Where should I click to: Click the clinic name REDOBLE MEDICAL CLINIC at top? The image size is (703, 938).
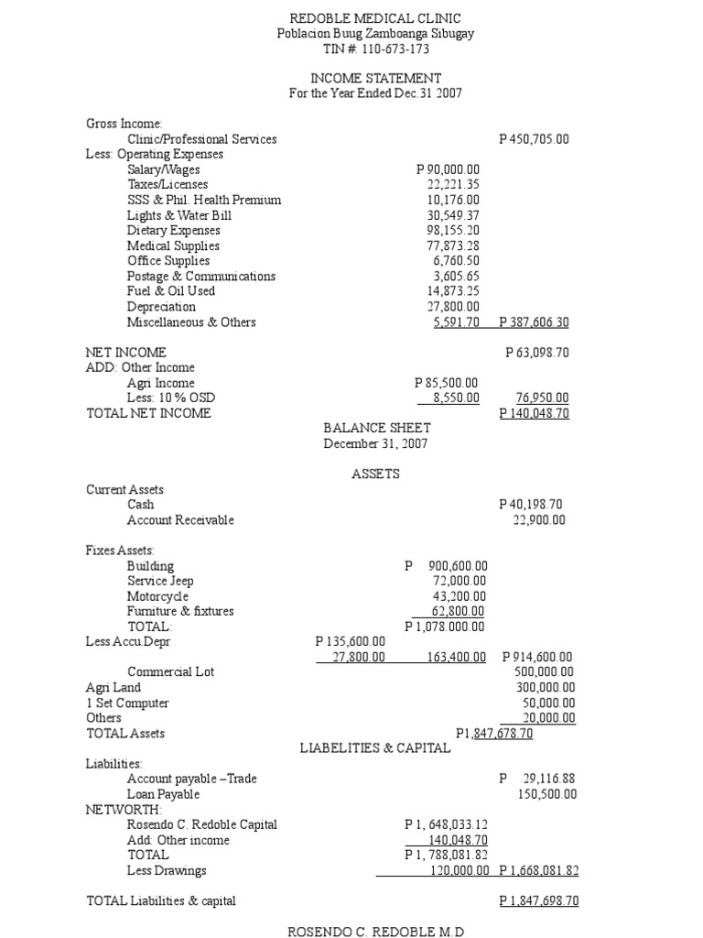click(x=375, y=18)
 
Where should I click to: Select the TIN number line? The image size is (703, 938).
click(x=375, y=49)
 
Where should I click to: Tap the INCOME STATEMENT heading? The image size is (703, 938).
click(x=375, y=79)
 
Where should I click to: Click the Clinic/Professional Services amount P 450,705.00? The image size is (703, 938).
click(x=534, y=139)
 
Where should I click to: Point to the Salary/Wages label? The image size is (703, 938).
click(x=164, y=169)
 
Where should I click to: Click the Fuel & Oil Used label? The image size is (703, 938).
click(x=171, y=291)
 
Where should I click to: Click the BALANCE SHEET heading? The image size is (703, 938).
click(x=377, y=428)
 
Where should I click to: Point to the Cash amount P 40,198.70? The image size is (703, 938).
click(x=531, y=504)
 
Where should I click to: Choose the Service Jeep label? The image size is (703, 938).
click(x=160, y=581)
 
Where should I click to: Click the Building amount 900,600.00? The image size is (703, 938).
click(x=446, y=566)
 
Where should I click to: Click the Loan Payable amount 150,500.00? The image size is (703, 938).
click(x=546, y=794)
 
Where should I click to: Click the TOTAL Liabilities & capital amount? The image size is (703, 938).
click(x=539, y=900)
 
